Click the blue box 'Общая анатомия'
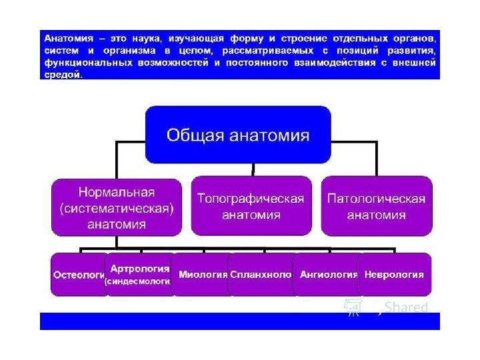tap(238, 135)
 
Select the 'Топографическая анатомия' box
tap(251, 206)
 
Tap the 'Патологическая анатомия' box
tap(376, 206)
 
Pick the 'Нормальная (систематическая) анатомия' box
tap(117, 207)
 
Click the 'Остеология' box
tap(78, 274)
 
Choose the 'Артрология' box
tap(139, 274)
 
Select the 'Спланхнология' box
tap(261, 274)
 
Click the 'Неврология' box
tap(394, 274)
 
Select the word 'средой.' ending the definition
tap(63, 75)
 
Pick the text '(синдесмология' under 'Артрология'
tap(138, 281)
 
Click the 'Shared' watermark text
tap(406, 307)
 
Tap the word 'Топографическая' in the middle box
tap(251, 199)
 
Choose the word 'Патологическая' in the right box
tap(376, 199)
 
